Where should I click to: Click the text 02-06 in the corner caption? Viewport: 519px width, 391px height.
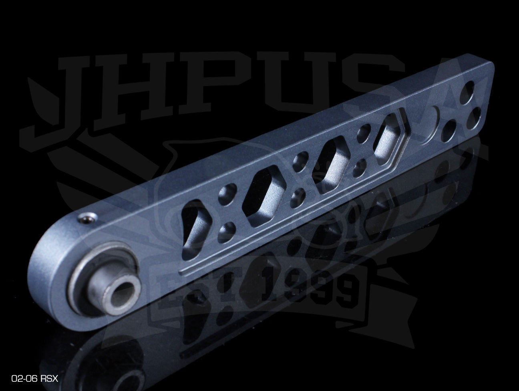[x=24, y=379]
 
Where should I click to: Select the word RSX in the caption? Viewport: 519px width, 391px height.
[x=49, y=379]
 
